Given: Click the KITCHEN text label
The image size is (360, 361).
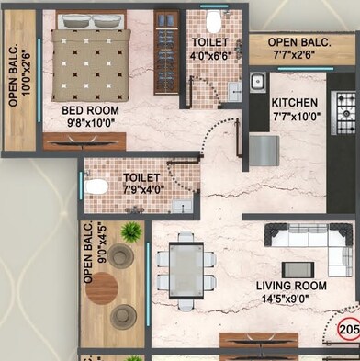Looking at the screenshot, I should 295,102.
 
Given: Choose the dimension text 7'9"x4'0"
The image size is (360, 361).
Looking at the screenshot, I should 141,189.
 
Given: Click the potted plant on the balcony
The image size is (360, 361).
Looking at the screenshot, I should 132,233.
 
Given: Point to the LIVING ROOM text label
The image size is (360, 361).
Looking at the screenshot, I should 290,286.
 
